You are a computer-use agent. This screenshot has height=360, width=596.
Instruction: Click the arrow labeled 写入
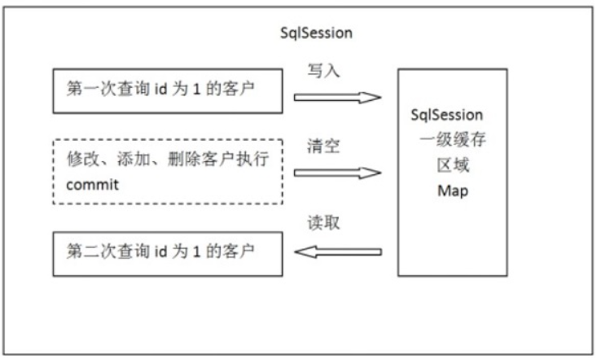click(x=337, y=98)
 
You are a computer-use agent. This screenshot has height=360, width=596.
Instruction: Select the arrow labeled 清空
click(x=337, y=173)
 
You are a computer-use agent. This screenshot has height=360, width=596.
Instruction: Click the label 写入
click(x=324, y=72)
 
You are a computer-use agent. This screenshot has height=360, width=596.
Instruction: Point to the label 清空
click(x=324, y=148)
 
